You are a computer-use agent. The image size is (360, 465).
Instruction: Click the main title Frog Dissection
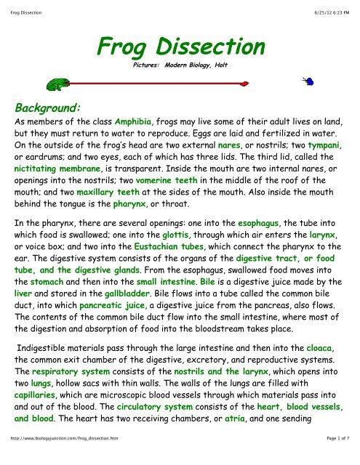click(180, 49)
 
